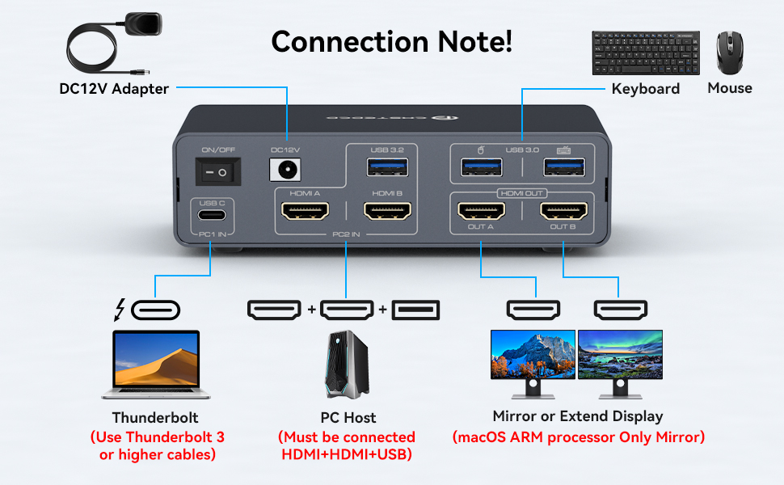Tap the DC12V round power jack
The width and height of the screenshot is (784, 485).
(x=285, y=171)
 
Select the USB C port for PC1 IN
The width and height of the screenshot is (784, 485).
(x=212, y=217)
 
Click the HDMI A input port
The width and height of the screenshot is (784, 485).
(x=305, y=212)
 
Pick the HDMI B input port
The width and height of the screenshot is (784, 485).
(x=388, y=212)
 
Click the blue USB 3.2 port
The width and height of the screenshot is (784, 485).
(x=388, y=167)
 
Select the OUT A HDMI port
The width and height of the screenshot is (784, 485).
(x=482, y=211)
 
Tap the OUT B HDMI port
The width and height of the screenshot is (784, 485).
(x=563, y=211)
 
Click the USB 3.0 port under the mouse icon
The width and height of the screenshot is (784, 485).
(x=482, y=167)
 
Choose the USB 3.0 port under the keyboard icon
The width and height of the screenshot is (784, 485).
(x=564, y=167)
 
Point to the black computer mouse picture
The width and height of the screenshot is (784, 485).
(x=730, y=53)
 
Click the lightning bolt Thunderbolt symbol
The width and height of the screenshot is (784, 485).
(x=121, y=310)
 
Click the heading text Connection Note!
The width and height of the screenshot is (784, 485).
(x=391, y=41)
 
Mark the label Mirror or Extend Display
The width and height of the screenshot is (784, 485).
(x=577, y=416)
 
